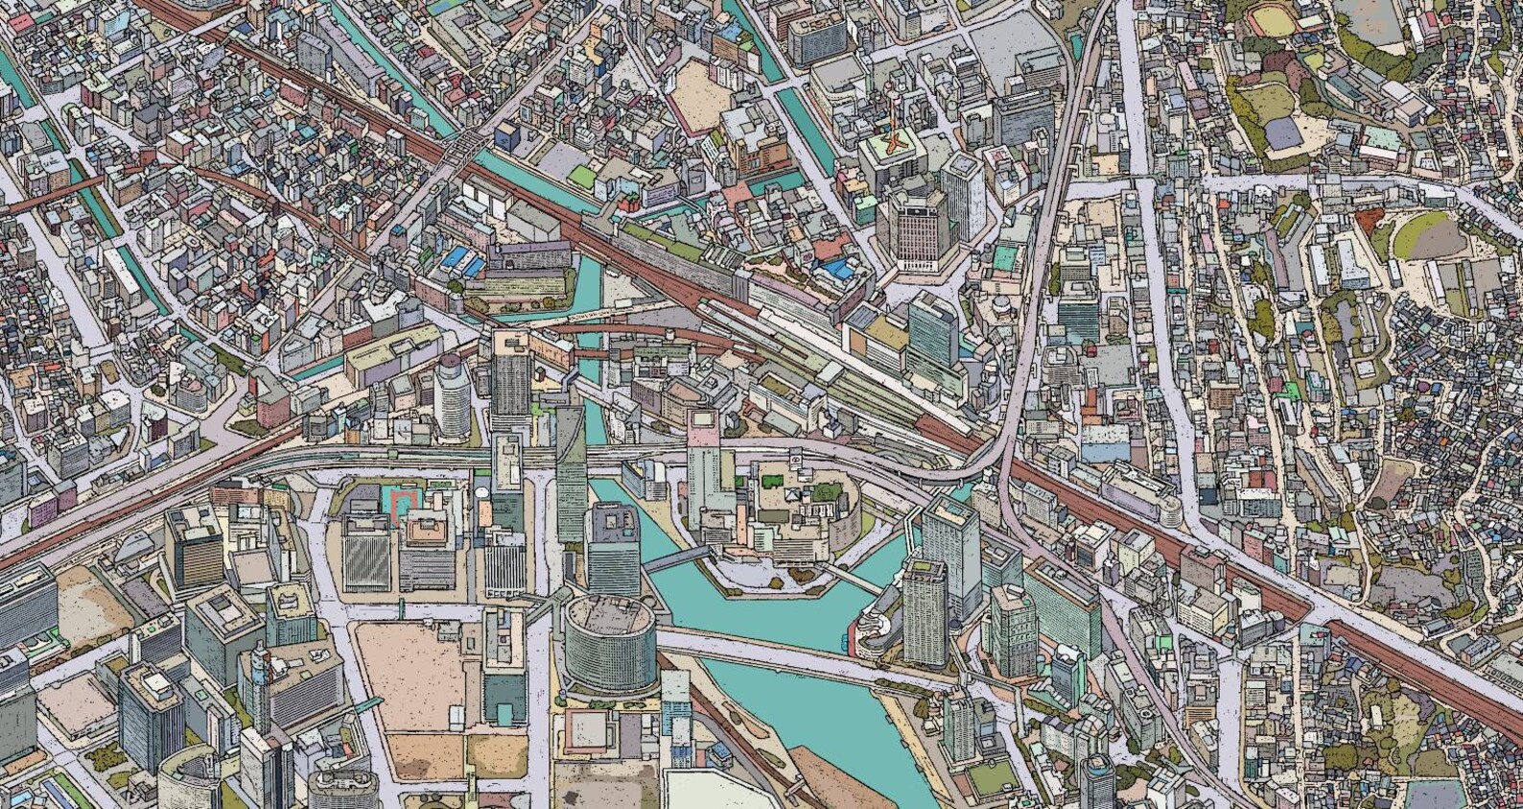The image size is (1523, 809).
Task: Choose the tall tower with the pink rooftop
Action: tap(702, 461)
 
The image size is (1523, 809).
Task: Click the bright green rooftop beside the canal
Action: tap(581, 176)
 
